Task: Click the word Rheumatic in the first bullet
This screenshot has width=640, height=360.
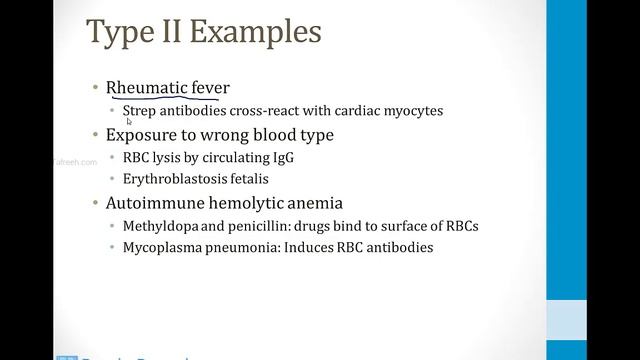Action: click(147, 88)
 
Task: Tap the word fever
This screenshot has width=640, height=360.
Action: click(211, 88)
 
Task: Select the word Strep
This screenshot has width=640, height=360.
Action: click(139, 111)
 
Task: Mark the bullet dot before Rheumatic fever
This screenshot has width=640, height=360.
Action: click(94, 88)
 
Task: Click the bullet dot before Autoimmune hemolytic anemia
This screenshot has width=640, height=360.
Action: click(94, 202)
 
